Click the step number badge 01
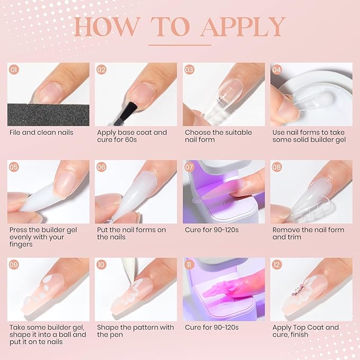pos(14,69)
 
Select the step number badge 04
pos(277,69)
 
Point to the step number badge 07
pos(189,167)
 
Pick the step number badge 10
pos(102,265)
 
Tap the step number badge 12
pos(277,265)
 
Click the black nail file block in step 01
pos(48,114)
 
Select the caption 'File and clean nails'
pos(41,133)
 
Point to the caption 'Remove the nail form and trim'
pos(308,233)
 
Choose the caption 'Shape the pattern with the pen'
pos(135,331)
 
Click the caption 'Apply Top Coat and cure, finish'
pos(305,331)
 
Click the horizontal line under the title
pos(180,45)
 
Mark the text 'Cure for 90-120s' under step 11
pos(212,328)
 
